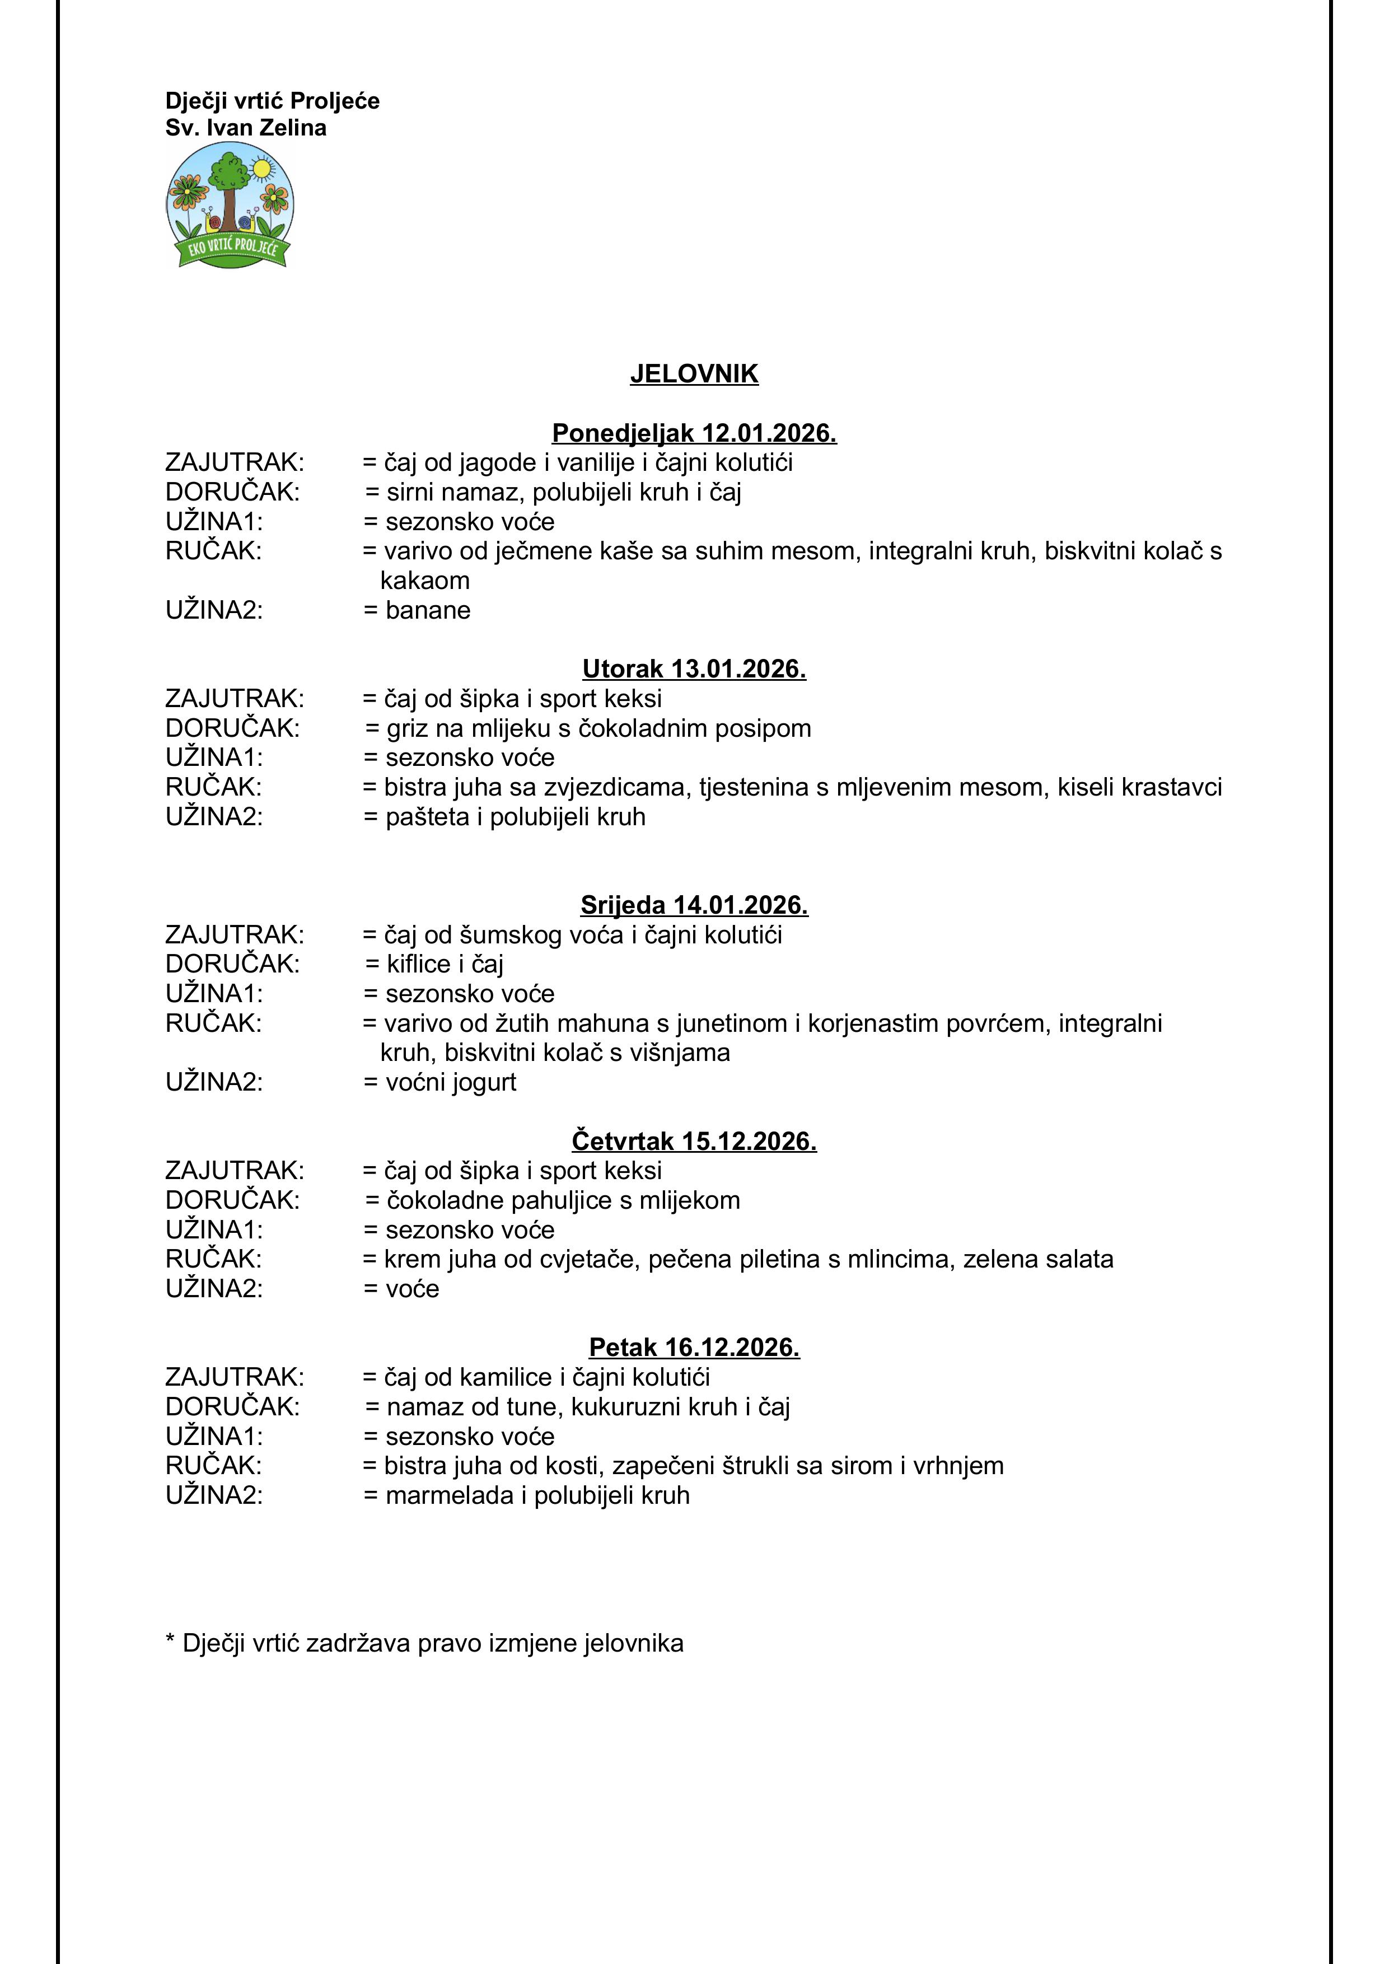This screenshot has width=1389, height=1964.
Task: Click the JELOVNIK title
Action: click(x=694, y=374)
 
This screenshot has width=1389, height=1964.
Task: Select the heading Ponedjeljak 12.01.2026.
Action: click(x=694, y=433)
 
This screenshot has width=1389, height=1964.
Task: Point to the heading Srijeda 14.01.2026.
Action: click(x=694, y=904)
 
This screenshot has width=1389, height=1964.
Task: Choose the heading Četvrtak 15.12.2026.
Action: click(x=694, y=1140)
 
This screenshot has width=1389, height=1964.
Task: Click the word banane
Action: click(x=428, y=610)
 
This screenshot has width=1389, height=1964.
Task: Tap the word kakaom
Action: click(x=425, y=581)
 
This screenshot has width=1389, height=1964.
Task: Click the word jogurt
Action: click(x=485, y=1082)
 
